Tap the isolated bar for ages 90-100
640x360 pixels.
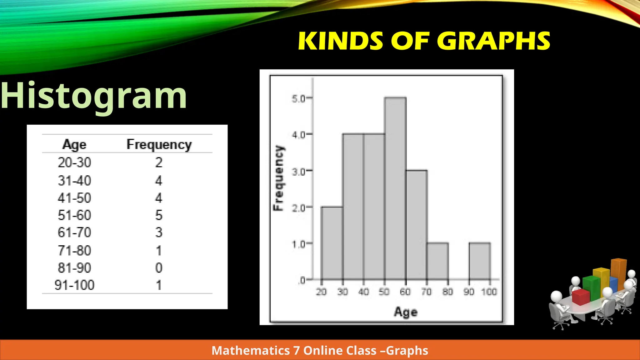pos(480,261)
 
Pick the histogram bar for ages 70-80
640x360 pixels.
pos(437,261)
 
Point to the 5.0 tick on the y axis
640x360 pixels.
pos(298,99)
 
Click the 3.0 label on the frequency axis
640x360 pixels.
pos(298,172)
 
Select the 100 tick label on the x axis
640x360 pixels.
pos(489,292)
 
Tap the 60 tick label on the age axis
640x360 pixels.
pos(405,292)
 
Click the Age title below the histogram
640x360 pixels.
pos(406,312)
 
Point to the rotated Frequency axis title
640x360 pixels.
pos(278,178)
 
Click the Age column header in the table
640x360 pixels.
pos(74,144)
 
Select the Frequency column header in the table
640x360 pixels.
pos(159,145)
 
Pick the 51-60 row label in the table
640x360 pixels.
pos(74,215)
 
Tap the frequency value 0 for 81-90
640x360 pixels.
pos(159,268)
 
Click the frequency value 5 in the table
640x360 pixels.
pos(159,215)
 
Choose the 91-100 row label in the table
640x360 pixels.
pos(74,285)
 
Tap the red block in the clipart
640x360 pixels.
pos(581,297)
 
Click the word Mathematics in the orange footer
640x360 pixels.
pos(251,350)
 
